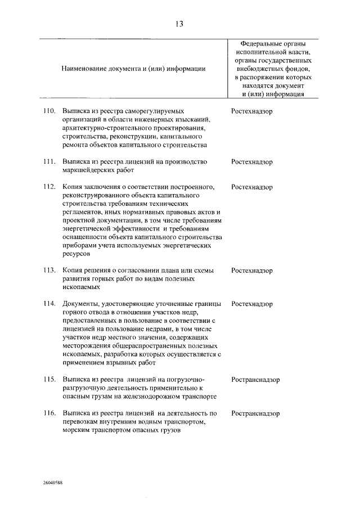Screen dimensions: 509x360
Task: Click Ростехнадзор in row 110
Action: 251,111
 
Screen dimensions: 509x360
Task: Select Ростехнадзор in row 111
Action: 251,162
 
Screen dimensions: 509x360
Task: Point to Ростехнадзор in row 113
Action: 251,271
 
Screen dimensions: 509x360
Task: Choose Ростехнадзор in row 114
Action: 251,304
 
